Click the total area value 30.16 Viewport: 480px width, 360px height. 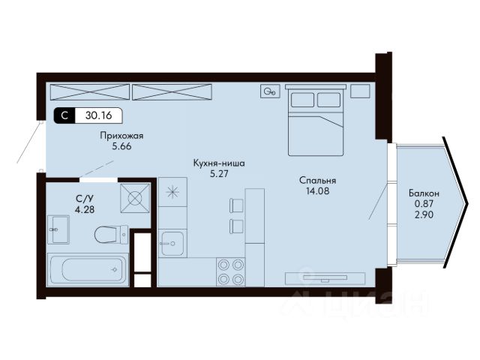98,115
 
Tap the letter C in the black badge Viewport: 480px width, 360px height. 64,115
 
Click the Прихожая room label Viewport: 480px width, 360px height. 121,136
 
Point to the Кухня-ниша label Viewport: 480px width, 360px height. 219,163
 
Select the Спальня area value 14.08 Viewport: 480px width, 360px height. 317,191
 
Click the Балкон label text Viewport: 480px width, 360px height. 424,193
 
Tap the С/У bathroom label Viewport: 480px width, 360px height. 85,199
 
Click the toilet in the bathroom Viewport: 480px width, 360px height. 111,235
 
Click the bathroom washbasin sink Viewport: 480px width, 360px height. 58,229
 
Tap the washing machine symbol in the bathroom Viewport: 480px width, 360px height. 135,198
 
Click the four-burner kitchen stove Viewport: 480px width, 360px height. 231,271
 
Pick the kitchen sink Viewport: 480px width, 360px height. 172,244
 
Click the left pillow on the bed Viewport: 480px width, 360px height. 302,100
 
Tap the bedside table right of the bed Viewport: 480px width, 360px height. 360,91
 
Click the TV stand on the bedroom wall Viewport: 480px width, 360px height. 325,278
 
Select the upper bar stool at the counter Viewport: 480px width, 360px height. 236,205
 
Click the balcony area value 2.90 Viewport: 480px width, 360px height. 424,215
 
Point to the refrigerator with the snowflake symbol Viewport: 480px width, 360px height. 172,192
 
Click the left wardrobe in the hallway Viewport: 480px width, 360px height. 90,91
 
